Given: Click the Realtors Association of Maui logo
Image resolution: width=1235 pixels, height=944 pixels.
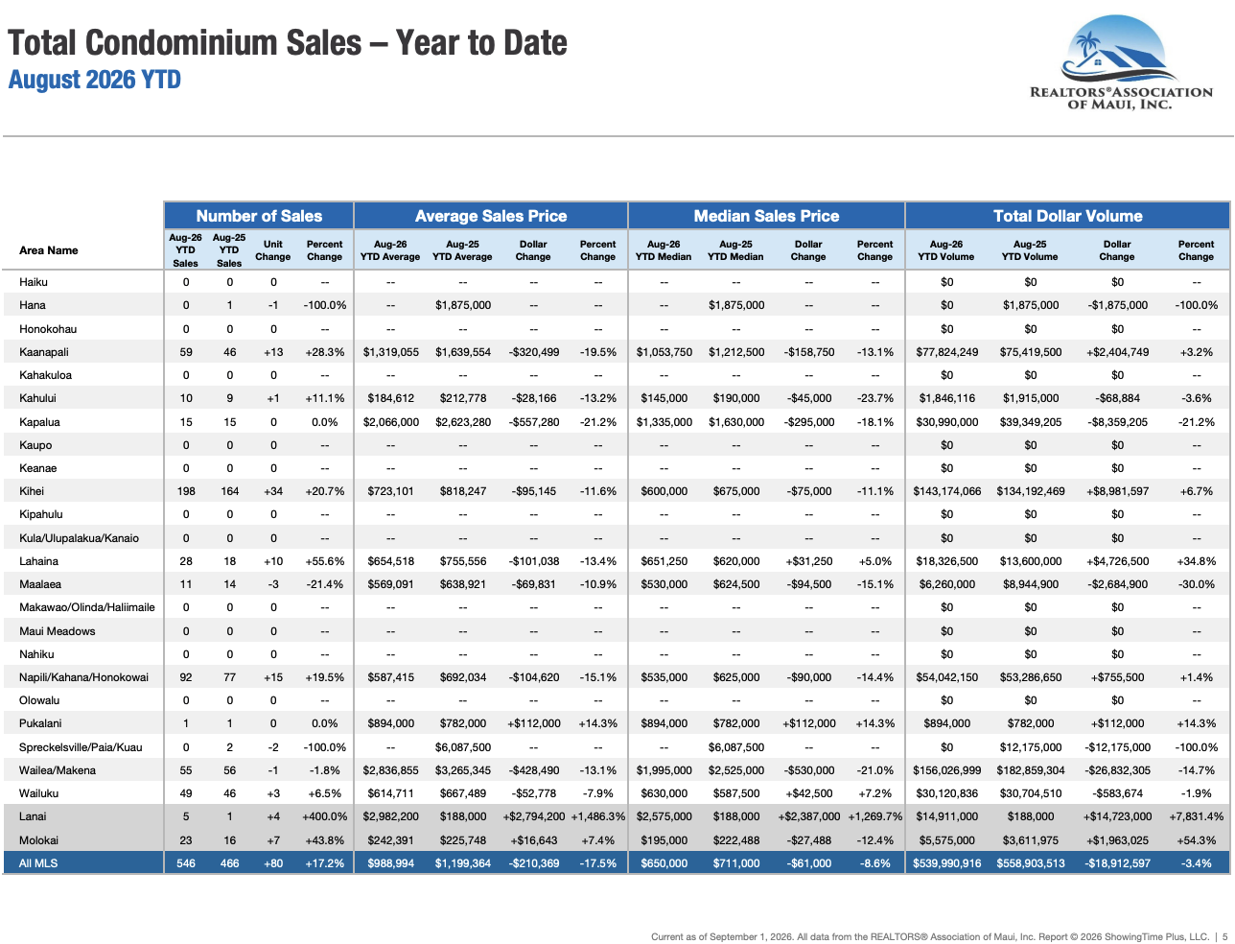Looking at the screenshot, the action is [x=1120, y=62].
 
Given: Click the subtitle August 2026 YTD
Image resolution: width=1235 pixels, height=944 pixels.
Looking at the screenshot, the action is [x=95, y=80].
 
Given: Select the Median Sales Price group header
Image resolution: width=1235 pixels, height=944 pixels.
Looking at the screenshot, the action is [x=766, y=216].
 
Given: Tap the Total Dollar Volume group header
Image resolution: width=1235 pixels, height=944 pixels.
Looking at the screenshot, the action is [x=1067, y=216].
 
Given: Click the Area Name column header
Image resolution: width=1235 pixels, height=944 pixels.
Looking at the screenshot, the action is [x=48, y=250].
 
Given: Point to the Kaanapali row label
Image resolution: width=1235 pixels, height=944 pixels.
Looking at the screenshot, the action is [x=44, y=352].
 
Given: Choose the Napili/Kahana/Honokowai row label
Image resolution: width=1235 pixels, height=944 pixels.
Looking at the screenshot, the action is [x=83, y=677].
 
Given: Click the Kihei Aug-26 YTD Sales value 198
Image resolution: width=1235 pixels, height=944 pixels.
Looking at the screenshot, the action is [x=186, y=491].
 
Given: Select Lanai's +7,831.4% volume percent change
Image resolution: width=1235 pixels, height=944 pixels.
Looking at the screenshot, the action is [x=1196, y=816].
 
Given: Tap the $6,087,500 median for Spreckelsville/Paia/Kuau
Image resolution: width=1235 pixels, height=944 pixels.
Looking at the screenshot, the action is [x=736, y=747].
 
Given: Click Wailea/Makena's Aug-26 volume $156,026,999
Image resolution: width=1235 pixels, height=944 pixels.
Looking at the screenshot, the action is [x=946, y=770].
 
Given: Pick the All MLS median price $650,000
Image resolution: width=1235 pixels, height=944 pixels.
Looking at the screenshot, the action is [x=664, y=863].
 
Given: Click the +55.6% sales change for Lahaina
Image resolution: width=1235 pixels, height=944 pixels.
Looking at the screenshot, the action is [x=325, y=560].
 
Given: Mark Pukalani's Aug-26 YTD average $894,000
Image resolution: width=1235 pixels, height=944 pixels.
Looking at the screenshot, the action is [x=390, y=723].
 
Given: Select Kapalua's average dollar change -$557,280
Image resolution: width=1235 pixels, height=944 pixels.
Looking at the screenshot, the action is [x=533, y=421].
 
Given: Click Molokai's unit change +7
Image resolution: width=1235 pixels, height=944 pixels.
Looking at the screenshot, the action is [x=273, y=839].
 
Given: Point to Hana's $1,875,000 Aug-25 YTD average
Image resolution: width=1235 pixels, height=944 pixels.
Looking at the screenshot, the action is [x=462, y=305].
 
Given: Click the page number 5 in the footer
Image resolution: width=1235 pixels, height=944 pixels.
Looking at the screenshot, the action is [x=1224, y=936].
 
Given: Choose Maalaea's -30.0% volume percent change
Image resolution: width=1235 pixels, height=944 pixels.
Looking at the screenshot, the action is [x=1196, y=584].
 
